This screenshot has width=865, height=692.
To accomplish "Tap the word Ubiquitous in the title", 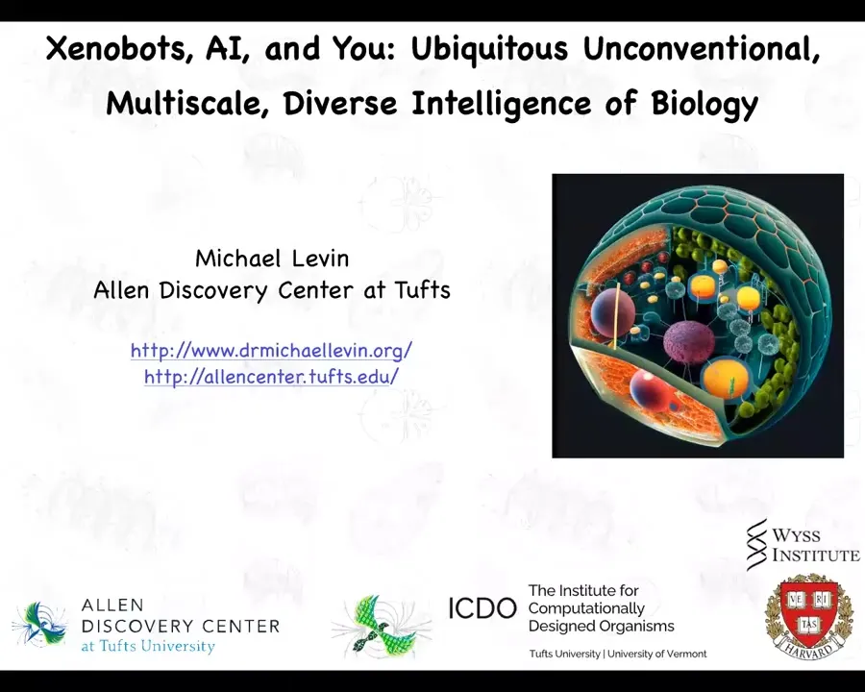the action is (x=489, y=50).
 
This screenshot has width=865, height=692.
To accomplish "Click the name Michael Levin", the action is (x=272, y=259).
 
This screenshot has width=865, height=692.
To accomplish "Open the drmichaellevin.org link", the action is (x=271, y=351).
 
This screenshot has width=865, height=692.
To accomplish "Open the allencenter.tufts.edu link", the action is (x=271, y=377).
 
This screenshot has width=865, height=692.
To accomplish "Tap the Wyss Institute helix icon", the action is (x=757, y=544).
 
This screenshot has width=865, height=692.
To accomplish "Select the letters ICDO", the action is (x=482, y=608).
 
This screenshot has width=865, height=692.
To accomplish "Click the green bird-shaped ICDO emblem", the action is (x=382, y=627).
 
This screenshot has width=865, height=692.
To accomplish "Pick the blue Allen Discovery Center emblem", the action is (x=40, y=625).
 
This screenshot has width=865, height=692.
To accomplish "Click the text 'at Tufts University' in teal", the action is (x=148, y=646).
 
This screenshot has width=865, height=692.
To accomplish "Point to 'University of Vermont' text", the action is (x=656, y=654).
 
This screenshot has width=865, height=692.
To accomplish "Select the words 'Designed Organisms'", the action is (x=602, y=627).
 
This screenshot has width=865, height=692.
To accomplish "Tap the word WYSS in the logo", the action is (x=796, y=535).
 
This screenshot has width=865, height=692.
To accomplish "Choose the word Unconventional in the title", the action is (x=702, y=49).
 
